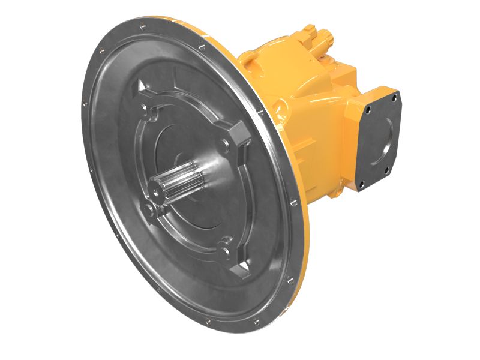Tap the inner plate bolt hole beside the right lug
click(224, 143)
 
